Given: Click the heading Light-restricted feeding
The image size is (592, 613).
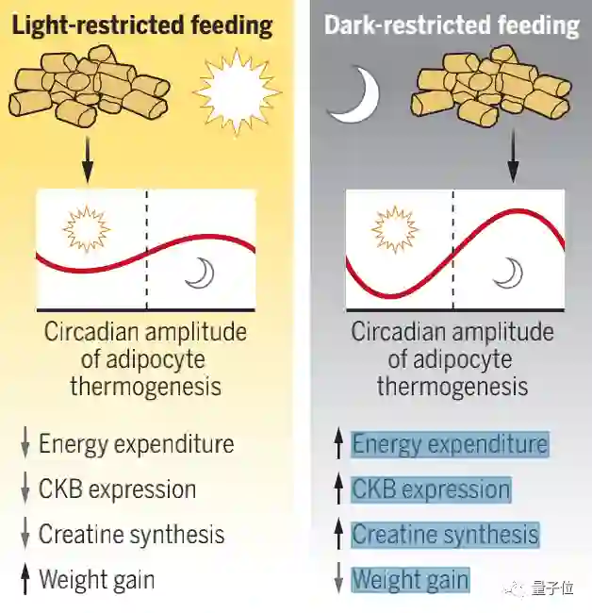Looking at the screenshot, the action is (141, 25).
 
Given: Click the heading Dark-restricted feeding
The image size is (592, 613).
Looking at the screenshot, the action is (452, 25).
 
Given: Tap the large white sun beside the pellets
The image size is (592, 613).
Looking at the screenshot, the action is (236, 92).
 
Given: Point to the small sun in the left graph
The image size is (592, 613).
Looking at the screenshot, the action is (86, 228).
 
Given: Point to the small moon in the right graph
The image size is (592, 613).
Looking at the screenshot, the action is (509, 273).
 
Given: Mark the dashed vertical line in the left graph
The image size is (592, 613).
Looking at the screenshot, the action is (146, 250).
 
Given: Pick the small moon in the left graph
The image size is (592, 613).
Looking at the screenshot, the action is (199, 273).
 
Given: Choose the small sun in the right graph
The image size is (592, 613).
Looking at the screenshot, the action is (394, 229).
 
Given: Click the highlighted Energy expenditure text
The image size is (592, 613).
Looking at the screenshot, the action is (449, 443).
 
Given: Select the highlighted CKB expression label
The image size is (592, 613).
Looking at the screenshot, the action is (431, 489).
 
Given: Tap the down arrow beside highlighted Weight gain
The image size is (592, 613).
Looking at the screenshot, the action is (338, 579).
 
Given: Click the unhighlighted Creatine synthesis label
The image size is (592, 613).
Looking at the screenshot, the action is (131, 534).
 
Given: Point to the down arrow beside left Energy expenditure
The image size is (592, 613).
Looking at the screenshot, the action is (25, 444).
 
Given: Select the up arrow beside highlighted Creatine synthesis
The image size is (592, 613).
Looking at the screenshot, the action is (338, 534).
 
